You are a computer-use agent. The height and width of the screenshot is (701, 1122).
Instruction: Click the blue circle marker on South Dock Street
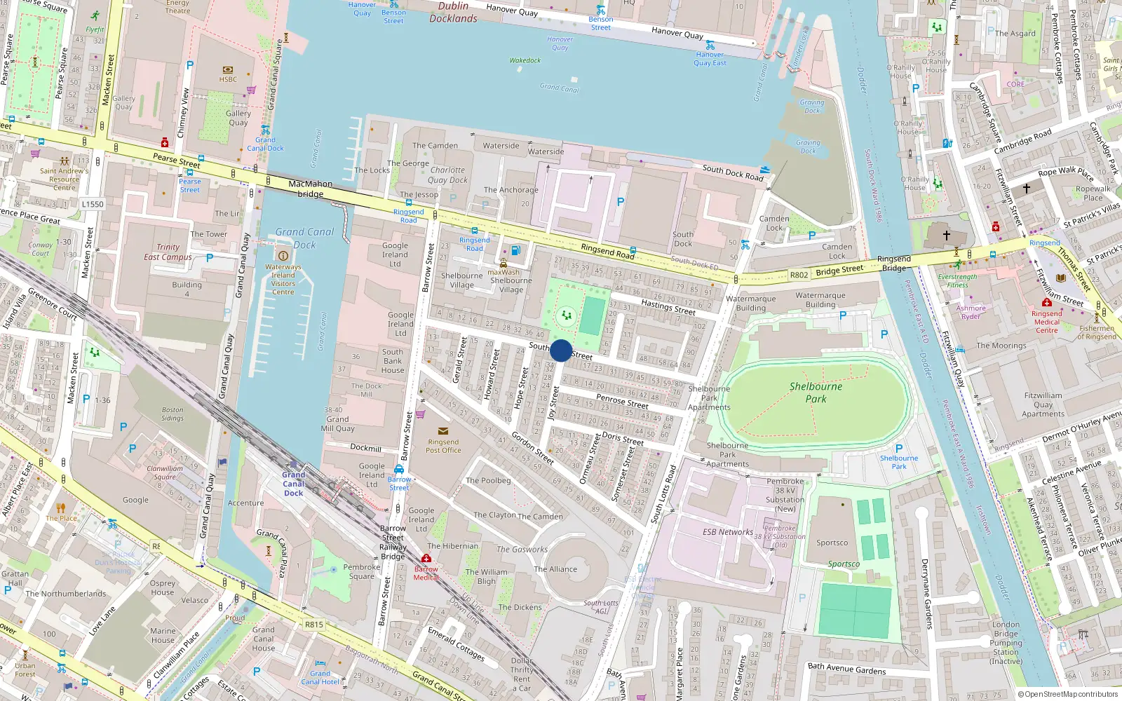click(561, 350)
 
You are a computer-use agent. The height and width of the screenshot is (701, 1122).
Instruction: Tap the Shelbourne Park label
click(816, 393)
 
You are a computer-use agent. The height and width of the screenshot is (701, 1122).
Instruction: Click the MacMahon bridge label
click(310, 189)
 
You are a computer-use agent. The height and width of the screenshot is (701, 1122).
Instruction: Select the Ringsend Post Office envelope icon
click(442, 431)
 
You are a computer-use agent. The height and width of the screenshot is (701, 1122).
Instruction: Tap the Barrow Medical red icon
click(426, 559)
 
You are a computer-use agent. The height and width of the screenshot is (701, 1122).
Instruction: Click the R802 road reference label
click(799, 275)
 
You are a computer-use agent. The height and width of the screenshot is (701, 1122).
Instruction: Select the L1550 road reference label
click(93, 204)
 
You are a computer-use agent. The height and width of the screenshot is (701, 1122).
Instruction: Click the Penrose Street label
click(622, 401)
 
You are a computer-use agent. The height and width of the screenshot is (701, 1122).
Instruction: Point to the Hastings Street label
click(668, 306)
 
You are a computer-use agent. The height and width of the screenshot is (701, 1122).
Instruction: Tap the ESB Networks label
click(728, 532)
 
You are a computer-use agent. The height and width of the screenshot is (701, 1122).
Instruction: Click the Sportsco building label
click(832, 543)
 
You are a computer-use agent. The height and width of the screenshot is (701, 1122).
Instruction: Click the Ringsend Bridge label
click(894, 264)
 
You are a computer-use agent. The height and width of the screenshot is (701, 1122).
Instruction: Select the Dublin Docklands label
click(453, 12)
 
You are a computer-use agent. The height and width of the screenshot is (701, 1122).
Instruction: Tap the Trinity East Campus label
click(168, 252)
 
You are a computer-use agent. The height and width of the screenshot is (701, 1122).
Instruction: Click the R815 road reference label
click(314, 625)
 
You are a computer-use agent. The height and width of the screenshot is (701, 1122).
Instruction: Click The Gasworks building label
click(522, 550)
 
